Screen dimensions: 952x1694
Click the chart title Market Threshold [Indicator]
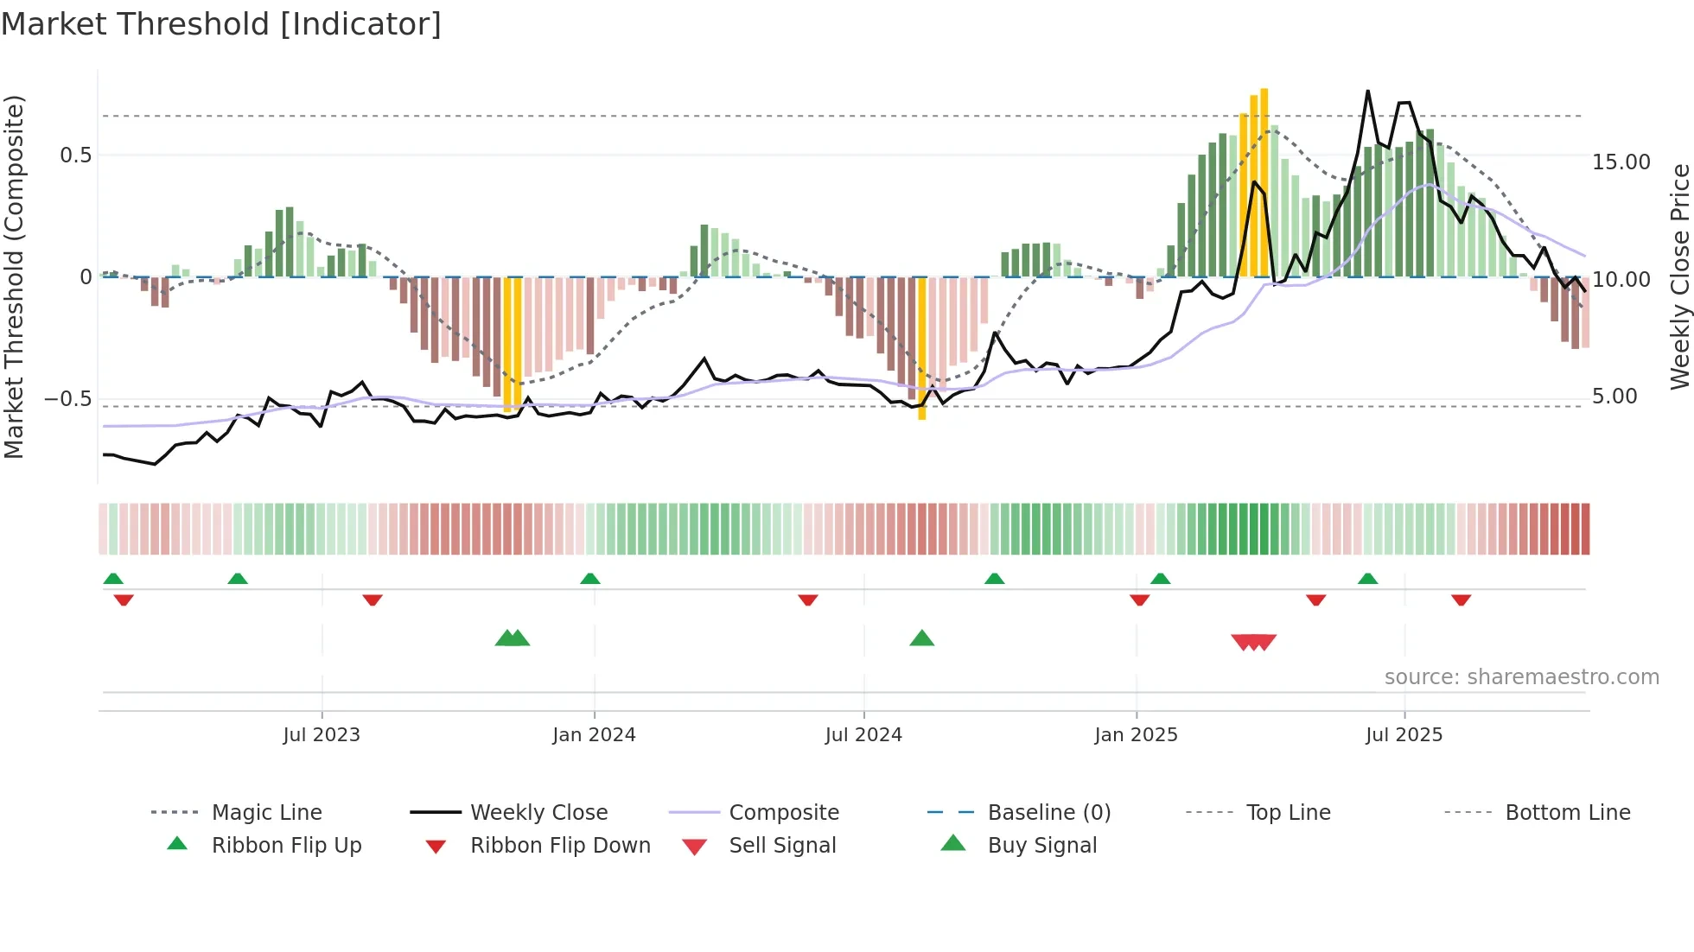click(221, 24)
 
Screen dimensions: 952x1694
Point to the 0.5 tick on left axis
click(75, 155)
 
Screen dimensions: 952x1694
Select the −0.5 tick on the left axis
click(68, 399)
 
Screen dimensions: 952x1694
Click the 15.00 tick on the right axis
click(1621, 162)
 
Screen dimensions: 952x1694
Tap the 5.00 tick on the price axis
click(1614, 397)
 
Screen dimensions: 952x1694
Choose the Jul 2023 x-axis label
click(322, 735)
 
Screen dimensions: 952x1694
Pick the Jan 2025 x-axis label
click(1136, 735)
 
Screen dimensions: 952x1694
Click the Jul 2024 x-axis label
click(863, 735)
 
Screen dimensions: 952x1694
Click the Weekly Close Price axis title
click(1679, 276)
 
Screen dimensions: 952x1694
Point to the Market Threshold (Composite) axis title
click(14, 276)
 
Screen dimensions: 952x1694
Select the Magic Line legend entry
click(266, 813)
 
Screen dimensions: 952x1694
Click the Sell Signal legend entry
click(782, 846)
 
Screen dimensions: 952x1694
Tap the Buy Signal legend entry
click(1041, 846)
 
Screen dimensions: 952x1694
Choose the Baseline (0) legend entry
click(1048, 813)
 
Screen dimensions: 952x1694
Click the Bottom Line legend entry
click(1567, 813)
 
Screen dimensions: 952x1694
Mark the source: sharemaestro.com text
click(1521, 677)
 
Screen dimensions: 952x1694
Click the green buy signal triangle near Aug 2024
click(922, 638)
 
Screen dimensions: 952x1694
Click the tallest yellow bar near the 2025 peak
click(1264, 181)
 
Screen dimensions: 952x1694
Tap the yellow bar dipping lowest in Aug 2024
click(922, 349)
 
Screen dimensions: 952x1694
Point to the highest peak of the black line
click(1368, 91)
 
